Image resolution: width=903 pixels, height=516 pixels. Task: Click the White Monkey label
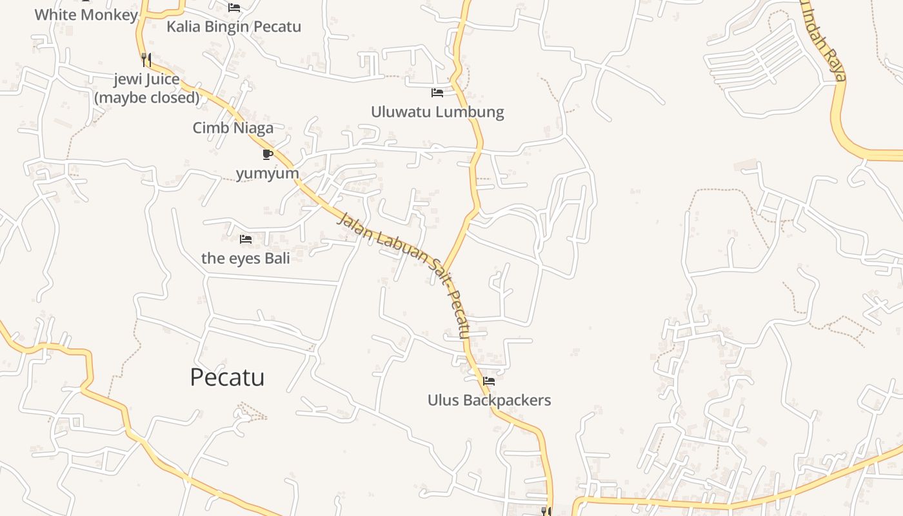[86, 15]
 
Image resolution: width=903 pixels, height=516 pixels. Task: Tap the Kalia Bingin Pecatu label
[233, 27]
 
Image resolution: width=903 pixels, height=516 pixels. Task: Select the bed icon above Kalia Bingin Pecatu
[234, 8]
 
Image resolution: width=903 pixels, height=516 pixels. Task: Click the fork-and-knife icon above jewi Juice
[146, 60]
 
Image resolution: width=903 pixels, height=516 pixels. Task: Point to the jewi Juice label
[146, 79]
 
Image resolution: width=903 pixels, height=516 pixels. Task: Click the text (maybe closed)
[146, 97]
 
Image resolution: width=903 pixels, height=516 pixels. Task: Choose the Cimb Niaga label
[233, 128]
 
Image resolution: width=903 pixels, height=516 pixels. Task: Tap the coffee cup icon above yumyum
[268, 154]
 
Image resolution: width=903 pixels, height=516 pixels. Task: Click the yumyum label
[268, 173]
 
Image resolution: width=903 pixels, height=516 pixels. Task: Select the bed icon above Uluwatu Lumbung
[437, 93]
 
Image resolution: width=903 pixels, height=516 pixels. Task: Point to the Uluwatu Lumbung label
[437, 112]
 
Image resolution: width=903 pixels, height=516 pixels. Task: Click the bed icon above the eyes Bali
[246, 239]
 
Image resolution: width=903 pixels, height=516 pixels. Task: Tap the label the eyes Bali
[246, 258]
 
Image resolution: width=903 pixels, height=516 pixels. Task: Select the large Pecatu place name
[227, 377]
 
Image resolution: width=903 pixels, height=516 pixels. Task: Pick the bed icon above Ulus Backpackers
[489, 381]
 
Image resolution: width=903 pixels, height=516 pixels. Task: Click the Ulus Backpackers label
[489, 400]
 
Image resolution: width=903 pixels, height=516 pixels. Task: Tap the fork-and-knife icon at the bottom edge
[546, 511]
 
